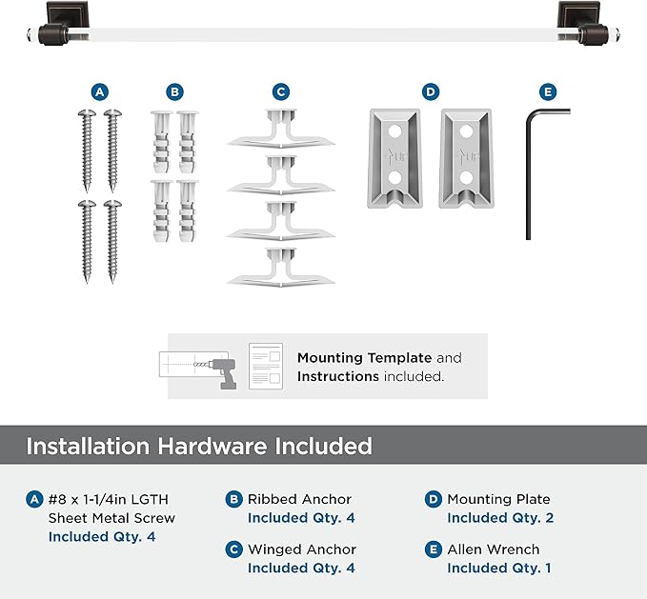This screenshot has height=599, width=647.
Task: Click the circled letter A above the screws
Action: [x=100, y=92]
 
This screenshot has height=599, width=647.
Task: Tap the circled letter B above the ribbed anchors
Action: [x=173, y=92]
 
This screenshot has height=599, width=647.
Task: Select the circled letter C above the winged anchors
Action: [x=280, y=92]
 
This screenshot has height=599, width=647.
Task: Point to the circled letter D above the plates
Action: [x=431, y=92]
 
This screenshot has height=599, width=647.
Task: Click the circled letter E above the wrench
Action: [x=546, y=92]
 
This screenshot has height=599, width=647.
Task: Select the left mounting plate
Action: [x=395, y=158]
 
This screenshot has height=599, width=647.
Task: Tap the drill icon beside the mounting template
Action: [x=219, y=368]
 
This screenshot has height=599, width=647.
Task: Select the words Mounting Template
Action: [x=364, y=358]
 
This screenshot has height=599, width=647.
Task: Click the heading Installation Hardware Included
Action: [x=199, y=446]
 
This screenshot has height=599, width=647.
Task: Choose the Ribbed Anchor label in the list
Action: [x=299, y=499]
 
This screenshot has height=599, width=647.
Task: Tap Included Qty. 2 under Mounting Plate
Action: [x=500, y=518]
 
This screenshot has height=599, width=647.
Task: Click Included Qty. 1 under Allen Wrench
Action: [x=498, y=569]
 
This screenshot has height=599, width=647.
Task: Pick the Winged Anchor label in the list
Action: [x=301, y=549]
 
